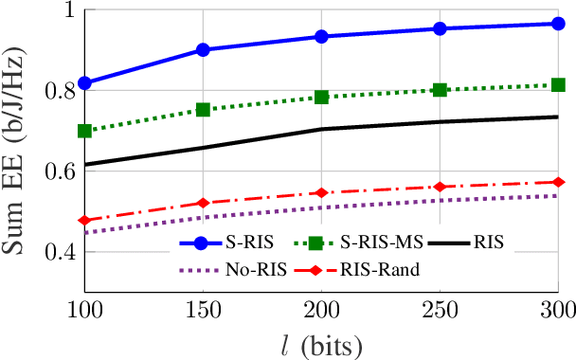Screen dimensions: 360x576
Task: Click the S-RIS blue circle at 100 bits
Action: point(85,83)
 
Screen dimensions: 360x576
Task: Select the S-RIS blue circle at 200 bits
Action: point(321,36)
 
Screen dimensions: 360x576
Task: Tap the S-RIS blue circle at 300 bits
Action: point(558,23)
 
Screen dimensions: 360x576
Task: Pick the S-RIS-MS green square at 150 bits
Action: point(203,110)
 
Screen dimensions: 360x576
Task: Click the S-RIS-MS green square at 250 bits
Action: point(440,90)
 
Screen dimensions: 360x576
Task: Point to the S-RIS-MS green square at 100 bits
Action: point(85,131)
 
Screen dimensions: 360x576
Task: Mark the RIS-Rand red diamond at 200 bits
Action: point(321,192)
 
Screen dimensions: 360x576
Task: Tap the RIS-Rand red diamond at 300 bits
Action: point(558,182)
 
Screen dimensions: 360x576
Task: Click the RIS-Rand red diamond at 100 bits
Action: point(85,220)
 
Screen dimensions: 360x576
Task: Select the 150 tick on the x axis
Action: point(203,311)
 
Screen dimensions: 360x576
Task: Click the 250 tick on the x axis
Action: point(440,311)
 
